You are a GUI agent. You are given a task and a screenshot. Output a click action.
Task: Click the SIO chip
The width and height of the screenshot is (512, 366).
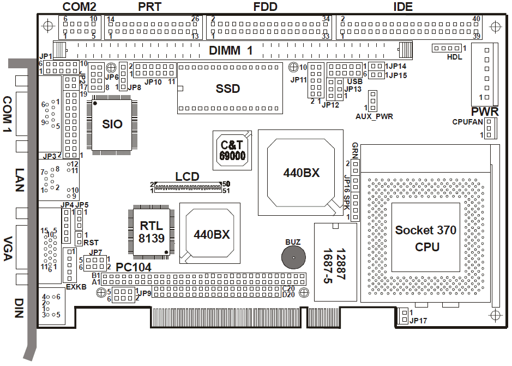[113, 124]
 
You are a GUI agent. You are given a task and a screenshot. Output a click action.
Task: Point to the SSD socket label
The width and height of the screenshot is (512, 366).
[227, 88]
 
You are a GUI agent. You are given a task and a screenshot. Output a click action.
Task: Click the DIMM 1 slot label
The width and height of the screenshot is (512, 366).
[232, 51]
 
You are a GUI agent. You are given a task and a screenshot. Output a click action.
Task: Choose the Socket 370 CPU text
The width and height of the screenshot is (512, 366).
[426, 239]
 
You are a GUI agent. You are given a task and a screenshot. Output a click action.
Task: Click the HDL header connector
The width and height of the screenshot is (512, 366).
[447, 48]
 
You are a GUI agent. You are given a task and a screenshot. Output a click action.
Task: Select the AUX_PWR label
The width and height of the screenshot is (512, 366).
[374, 116]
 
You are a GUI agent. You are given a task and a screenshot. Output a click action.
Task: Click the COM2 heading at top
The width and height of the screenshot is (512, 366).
[80, 7]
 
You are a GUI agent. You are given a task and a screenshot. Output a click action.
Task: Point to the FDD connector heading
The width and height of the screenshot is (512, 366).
[266, 7]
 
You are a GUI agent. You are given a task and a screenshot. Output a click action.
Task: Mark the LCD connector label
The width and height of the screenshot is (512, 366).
[187, 177]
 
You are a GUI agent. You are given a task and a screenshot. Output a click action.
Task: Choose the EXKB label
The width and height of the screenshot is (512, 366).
[76, 286]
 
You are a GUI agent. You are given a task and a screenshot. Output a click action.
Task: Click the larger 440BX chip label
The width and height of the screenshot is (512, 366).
[301, 173]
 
